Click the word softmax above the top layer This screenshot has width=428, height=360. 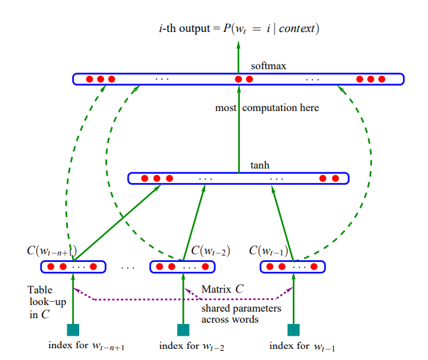click(x=269, y=67)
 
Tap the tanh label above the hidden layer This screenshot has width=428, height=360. click(x=260, y=165)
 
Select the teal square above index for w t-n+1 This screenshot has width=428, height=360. click(x=74, y=329)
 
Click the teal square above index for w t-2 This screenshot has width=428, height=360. click(x=184, y=329)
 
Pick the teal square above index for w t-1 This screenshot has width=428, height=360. click(x=293, y=329)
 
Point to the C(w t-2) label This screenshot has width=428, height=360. click(x=210, y=251)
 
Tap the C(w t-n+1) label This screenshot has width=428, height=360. click(x=52, y=251)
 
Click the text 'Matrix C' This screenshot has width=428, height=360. click(x=223, y=288)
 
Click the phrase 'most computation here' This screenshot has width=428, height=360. click(x=267, y=108)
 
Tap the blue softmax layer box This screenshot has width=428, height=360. click(x=239, y=79)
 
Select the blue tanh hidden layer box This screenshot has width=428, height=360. click(x=239, y=178)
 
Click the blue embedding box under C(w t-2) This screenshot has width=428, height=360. click(x=183, y=267)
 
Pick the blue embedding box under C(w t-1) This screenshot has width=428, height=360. click(x=293, y=267)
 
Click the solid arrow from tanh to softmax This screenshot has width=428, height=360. click(x=239, y=131)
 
